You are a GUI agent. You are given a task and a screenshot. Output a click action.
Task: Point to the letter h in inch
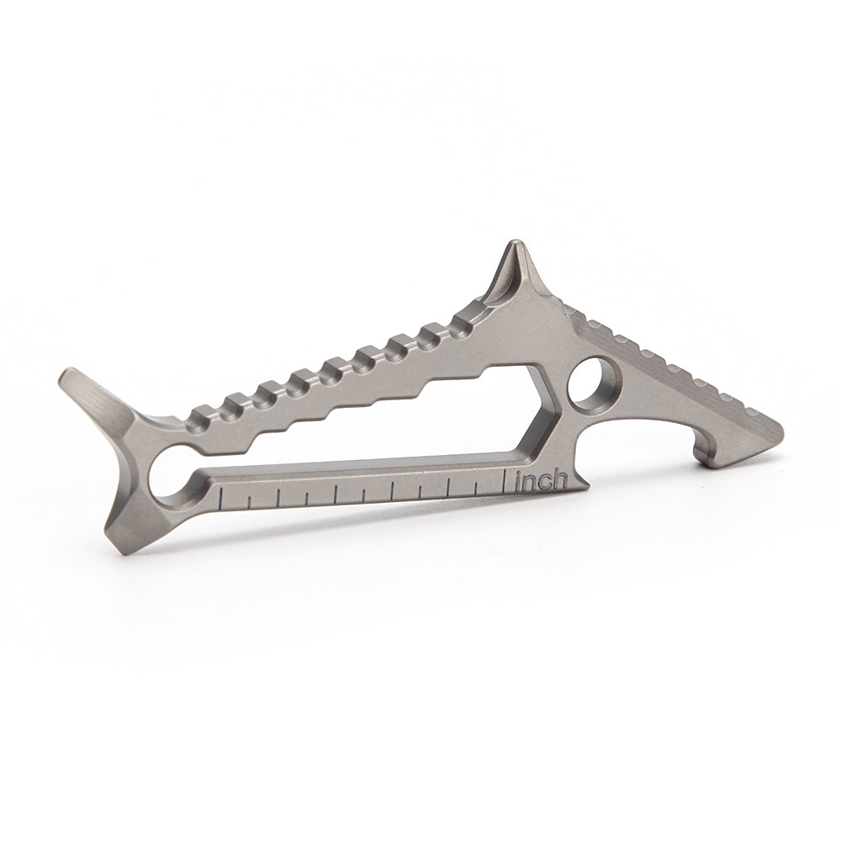560,479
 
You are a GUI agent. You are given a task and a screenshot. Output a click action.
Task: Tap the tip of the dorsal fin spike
514,245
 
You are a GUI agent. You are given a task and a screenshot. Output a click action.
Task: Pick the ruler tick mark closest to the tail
220,501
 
